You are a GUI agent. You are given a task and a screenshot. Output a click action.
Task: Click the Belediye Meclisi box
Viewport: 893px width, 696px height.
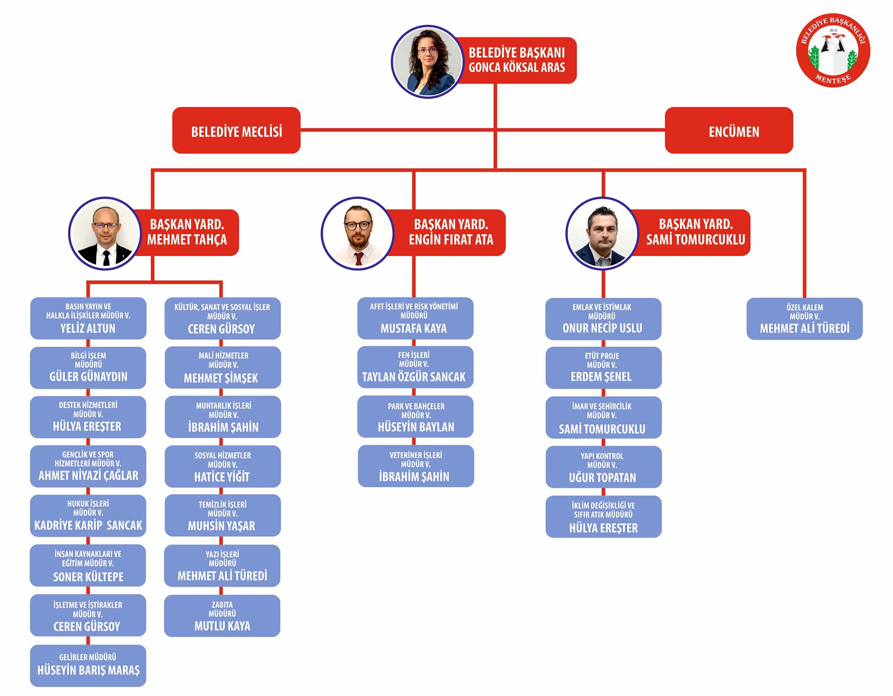pos(236,130)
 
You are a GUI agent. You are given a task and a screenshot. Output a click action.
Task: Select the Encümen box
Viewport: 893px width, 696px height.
pos(729,130)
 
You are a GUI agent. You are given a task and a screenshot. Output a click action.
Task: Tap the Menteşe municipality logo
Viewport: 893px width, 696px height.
pos(833,50)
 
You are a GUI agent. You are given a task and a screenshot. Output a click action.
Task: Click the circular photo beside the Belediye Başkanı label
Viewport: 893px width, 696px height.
pos(428,62)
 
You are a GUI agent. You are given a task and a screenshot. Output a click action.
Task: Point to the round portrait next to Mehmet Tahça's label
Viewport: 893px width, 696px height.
pos(105,233)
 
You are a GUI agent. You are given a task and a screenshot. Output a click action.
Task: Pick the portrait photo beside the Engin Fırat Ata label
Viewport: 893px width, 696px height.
pos(357,233)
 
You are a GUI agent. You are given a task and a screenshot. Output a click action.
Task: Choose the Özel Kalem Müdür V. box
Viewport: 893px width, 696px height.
pos(804,319)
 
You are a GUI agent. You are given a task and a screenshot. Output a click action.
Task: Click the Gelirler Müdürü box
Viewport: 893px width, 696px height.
pos(88,665)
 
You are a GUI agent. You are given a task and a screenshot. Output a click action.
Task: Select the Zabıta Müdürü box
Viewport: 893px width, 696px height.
pos(222,616)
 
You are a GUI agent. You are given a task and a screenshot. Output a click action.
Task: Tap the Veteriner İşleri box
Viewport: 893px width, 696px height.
pos(416,466)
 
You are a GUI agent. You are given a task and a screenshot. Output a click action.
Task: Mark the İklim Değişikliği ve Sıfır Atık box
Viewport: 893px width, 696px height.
pos(603,516)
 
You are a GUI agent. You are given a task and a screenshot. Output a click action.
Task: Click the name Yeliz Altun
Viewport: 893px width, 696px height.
pos(88,328)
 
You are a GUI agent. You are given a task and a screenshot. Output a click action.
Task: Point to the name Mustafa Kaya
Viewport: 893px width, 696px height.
pos(413,328)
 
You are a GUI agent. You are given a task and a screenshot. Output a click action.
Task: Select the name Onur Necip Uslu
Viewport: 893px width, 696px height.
pos(602,328)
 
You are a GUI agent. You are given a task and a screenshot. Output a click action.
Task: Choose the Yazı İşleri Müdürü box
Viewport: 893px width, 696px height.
pos(222,565)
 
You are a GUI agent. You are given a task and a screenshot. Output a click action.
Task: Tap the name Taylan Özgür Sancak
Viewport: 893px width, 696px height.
pos(413,377)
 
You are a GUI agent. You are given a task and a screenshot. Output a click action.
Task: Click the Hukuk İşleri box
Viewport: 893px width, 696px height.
pos(88,515)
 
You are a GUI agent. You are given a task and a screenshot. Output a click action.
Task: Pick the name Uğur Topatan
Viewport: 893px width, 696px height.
pos(602,477)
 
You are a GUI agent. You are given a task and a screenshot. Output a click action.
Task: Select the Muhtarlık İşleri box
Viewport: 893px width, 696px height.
pos(223,417)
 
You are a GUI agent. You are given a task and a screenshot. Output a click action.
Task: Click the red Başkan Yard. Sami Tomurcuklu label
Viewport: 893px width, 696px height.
pos(695,232)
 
